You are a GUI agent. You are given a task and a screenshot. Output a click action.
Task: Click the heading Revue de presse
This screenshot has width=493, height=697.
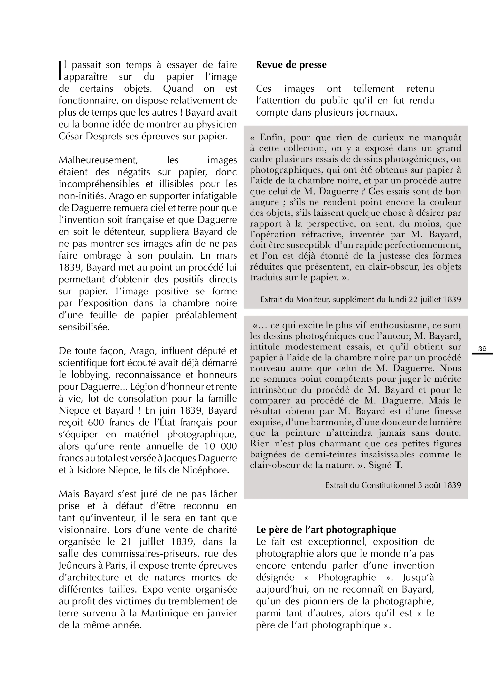point(291,65)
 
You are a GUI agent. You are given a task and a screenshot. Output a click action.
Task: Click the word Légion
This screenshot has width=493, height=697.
point(145,387)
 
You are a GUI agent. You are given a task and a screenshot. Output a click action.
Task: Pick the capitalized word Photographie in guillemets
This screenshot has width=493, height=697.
point(347,577)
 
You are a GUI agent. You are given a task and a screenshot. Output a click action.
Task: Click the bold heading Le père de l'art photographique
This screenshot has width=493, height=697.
point(326,529)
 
